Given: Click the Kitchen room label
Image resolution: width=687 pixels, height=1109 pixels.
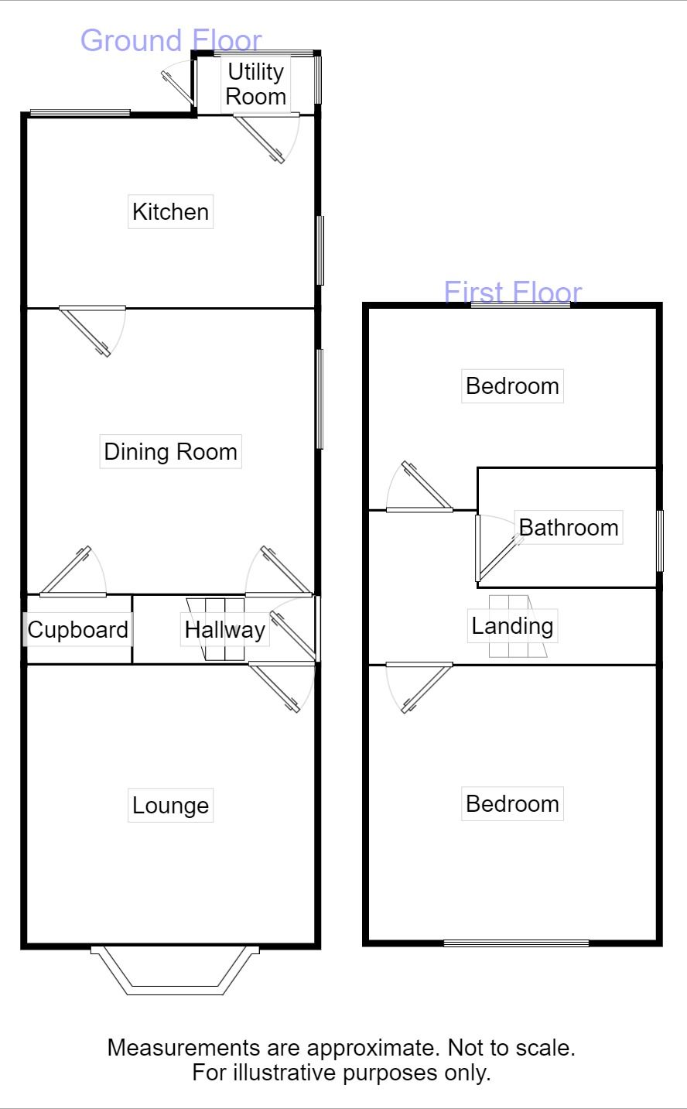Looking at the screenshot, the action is tap(170, 212).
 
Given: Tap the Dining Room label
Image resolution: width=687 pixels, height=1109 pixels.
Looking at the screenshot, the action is tap(170, 451).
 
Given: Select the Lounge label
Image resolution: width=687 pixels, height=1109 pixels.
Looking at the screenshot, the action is tap(170, 806).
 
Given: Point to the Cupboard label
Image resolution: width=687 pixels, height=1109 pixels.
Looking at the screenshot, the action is tap(77, 630).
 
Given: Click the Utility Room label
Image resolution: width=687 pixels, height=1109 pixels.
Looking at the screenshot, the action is tap(256, 84).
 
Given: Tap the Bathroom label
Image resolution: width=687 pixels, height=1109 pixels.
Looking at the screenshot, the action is tap(569, 528).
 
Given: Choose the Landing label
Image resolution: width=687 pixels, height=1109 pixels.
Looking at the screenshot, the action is tap(512, 626).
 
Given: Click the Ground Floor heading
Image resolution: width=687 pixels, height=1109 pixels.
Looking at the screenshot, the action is tap(171, 40).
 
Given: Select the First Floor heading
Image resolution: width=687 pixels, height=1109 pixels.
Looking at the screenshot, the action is tap(513, 292).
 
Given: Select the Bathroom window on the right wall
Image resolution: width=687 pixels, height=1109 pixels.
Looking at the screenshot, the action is tap(660, 541).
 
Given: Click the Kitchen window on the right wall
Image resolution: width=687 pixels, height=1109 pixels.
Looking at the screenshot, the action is tap(320, 251).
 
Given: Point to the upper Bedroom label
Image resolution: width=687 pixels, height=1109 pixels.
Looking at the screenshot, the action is tap(512, 386).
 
